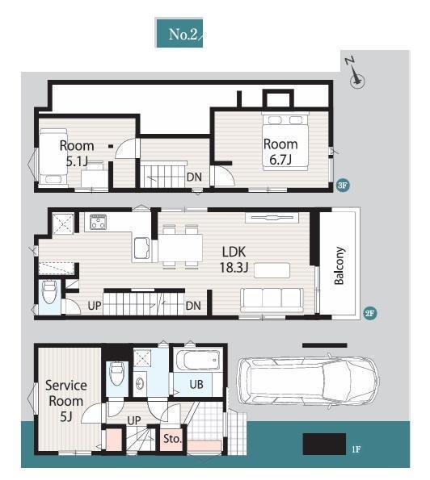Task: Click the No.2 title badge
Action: coord(179,33)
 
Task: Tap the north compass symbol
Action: coord(356,74)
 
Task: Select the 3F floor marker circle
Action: coord(343,186)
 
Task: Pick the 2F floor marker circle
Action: coord(369,313)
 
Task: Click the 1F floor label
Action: coord(356,449)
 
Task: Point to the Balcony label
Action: coord(339,265)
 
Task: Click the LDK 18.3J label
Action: coord(234,260)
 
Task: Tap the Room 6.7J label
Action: coord(280,152)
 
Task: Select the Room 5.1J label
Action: coord(77,153)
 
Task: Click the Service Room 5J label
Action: coord(66,401)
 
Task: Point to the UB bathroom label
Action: coord(196,384)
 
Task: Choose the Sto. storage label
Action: coord(172,439)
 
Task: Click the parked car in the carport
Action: coord(308,381)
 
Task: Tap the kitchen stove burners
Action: coord(98,222)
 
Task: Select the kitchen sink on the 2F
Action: coord(141,248)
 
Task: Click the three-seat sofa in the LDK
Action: coord(272,300)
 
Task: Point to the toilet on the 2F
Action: coord(49,292)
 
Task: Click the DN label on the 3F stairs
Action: coord(194,177)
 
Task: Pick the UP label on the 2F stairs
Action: coord(94,305)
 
